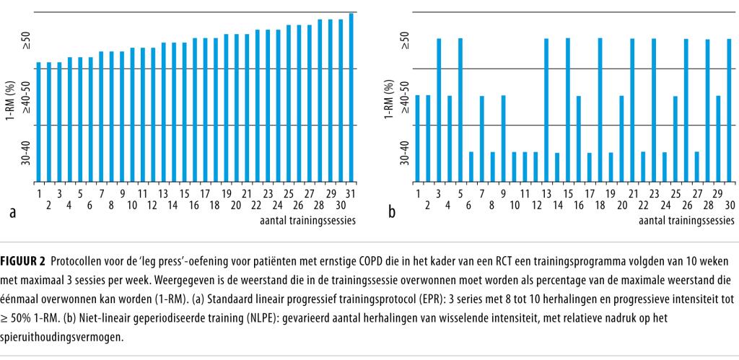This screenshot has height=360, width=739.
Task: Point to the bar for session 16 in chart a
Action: pyautogui.click(x=195, y=109)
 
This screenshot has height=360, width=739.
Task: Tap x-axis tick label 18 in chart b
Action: pyautogui.click(x=600, y=206)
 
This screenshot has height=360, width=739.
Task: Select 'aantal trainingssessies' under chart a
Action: pyautogui.click(x=307, y=220)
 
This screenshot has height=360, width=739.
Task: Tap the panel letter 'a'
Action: pyautogui.click(x=12, y=213)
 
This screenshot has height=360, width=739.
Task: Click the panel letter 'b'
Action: pyautogui.click(x=392, y=213)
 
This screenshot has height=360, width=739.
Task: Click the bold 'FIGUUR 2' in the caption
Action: pyautogui.click(x=26, y=260)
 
